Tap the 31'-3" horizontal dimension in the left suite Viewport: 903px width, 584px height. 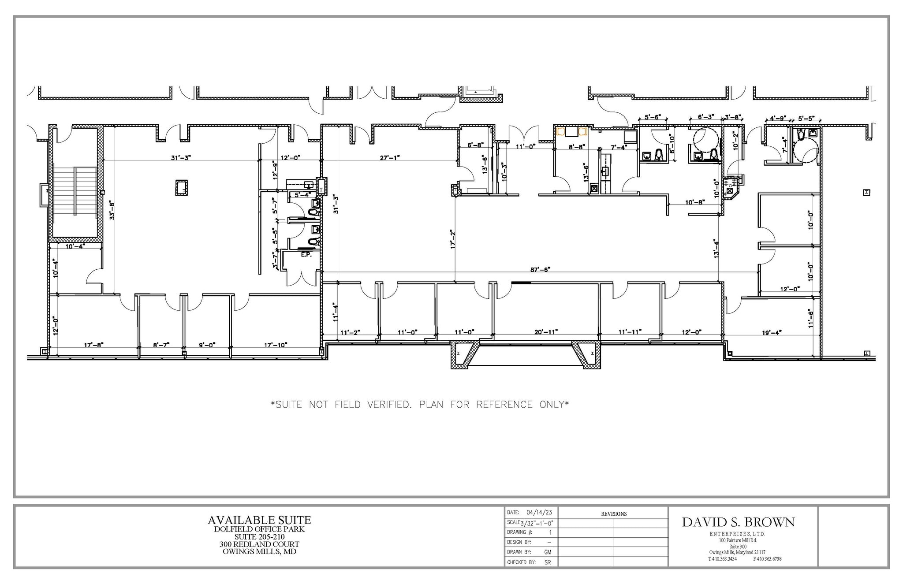pyautogui.click(x=181, y=157)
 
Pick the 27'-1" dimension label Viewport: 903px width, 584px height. pyautogui.click(x=390, y=157)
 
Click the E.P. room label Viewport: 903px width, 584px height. pyautogui.click(x=306, y=255)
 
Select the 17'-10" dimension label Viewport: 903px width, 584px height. pyautogui.click(x=276, y=345)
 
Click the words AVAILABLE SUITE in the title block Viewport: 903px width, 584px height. pyautogui.click(x=259, y=520)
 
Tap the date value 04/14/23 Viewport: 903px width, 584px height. pyautogui.click(x=539, y=513)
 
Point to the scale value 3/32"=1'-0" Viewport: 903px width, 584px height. pyautogui.click(x=537, y=523)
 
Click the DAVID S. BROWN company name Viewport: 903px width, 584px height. pyautogui.click(x=738, y=522)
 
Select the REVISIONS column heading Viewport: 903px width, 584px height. pyautogui.click(x=613, y=513)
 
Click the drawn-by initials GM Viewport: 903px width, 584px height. pyautogui.click(x=548, y=552)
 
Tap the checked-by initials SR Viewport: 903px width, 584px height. pyautogui.click(x=548, y=562)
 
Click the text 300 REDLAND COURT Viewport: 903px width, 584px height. pyautogui.click(x=259, y=544)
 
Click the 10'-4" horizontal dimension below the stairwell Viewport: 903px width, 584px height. pyautogui.click(x=75, y=246)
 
